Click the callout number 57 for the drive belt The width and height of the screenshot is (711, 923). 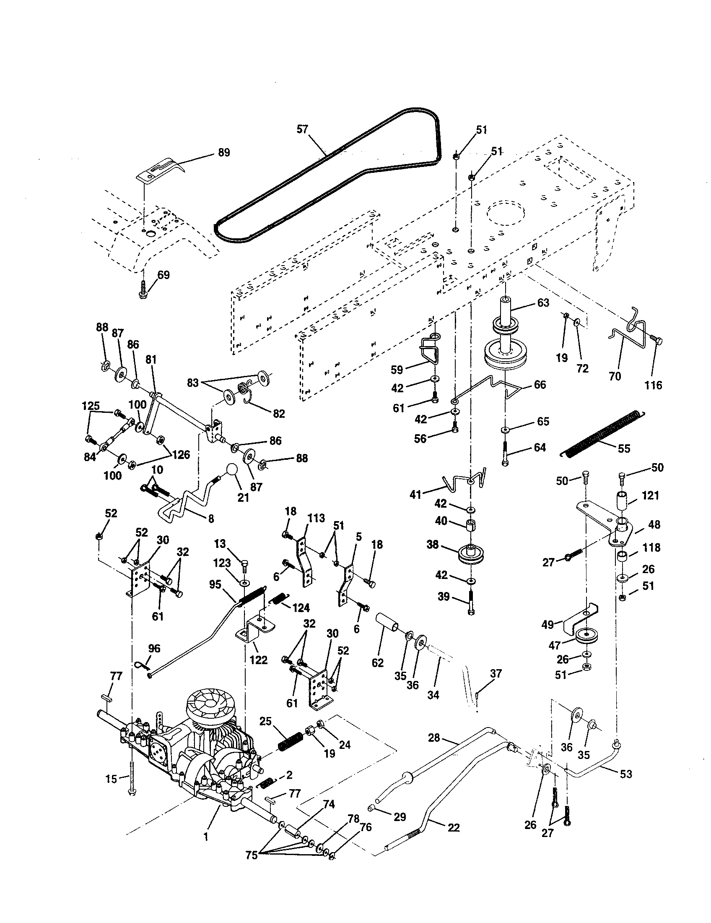click(x=302, y=129)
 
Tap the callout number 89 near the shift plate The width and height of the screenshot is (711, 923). click(x=224, y=153)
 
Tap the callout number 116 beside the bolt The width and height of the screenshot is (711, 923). click(x=653, y=385)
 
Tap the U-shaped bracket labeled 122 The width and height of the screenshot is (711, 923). click(x=252, y=633)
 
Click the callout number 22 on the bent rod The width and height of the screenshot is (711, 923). click(x=453, y=827)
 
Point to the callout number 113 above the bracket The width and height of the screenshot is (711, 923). click(x=316, y=518)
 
